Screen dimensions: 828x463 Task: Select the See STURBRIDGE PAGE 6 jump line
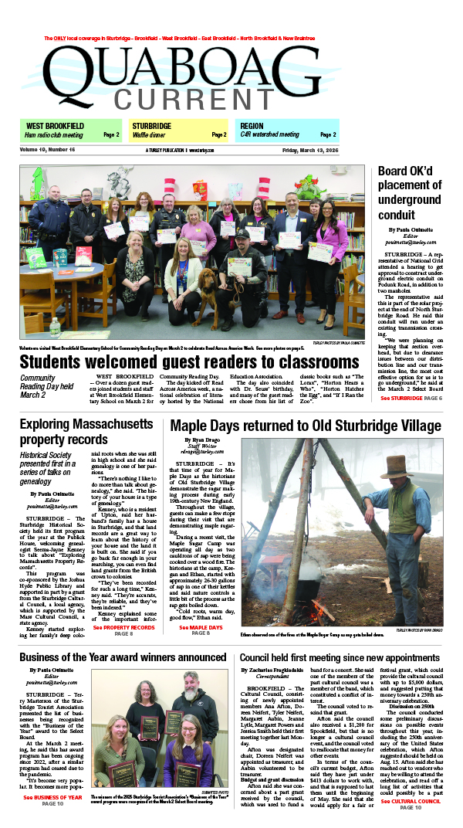point(410,398)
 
